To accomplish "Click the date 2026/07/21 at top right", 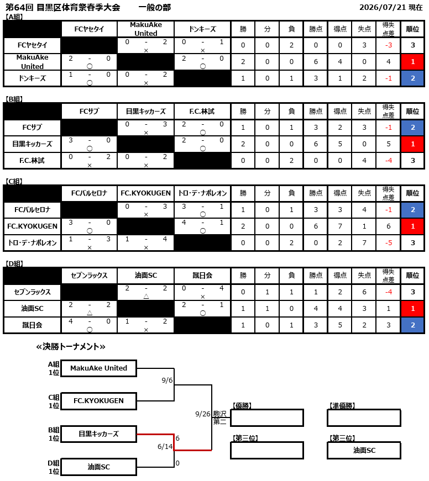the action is [x=383, y=7].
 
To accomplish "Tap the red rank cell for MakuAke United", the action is [x=412, y=62].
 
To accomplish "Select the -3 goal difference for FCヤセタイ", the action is [x=389, y=45].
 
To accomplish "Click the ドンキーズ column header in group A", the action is [x=202, y=29].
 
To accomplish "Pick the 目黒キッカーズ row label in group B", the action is [x=32, y=144].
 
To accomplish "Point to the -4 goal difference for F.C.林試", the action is [x=389, y=161].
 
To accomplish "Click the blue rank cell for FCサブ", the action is [x=412, y=128].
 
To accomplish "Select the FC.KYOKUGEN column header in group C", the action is [x=145, y=193].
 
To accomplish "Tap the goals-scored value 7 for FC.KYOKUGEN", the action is [x=340, y=226].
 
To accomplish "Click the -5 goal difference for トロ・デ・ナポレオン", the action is [x=389, y=243].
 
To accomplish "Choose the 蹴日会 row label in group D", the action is [x=32, y=325].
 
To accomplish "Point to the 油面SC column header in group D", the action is [x=145, y=276].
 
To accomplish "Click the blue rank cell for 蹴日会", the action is [x=412, y=325].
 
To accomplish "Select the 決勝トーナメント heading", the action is [x=71, y=347].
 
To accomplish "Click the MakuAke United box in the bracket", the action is [x=98, y=368].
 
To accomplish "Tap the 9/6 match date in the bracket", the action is [x=167, y=380].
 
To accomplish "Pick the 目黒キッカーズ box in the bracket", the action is [x=98, y=434].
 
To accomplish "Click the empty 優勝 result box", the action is [x=267, y=418].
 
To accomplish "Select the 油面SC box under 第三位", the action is [x=364, y=450].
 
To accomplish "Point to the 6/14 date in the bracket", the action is [x=165, y=447].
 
